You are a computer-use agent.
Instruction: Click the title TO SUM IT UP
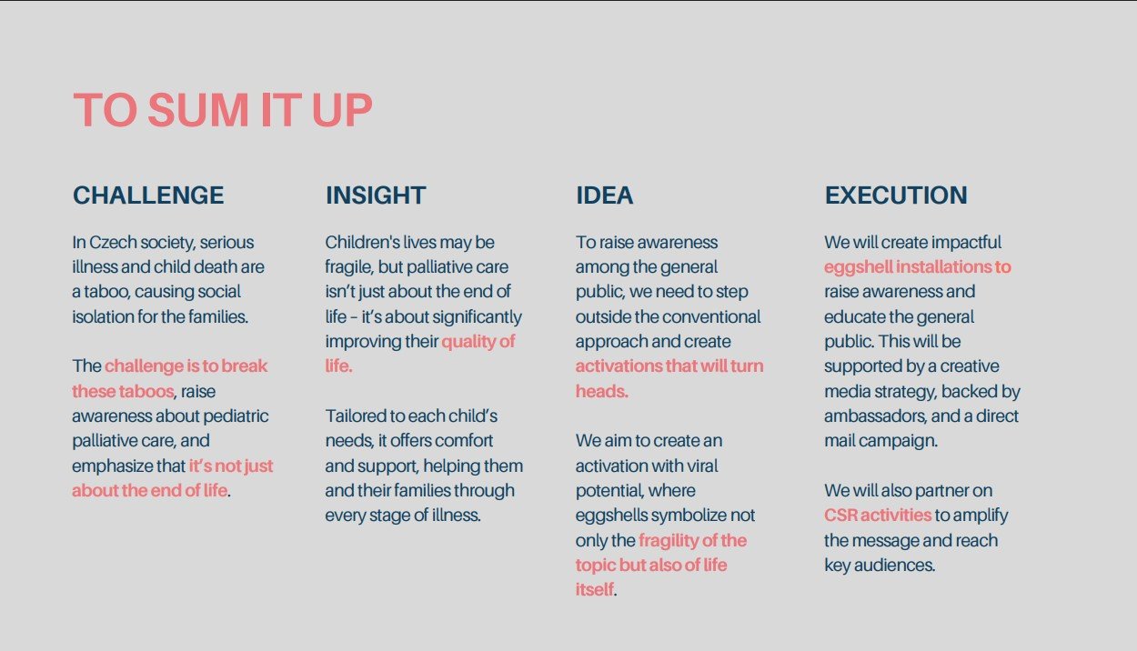(x=223, y=109)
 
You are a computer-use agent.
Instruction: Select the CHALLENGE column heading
(x=148, y=195)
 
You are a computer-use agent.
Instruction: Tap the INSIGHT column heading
(x=376, y=195)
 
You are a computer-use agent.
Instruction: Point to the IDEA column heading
(x=604, y=195)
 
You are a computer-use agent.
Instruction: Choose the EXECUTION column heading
(x=896, y=195)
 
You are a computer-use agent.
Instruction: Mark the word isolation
(x=103, y=316)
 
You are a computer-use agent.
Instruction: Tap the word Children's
(x=362, y=243)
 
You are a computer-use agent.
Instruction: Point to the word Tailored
(x=356, y=416)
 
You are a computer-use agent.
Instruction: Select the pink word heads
(x=601, y=391)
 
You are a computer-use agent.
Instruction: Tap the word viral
(x=702, y=466)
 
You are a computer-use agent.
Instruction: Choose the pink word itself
(x=594, y=589)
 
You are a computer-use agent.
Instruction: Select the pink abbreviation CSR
(x=840, y=515)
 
